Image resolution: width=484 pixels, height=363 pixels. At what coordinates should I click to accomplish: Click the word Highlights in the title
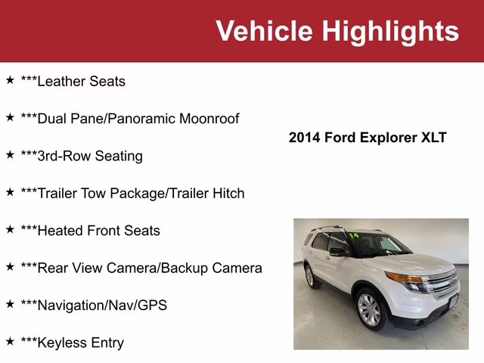(x=390, y=31)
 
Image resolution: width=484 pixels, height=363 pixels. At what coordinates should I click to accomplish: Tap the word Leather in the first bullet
(x=61, y=81)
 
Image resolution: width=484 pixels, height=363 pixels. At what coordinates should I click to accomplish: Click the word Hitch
(x=227, y=193)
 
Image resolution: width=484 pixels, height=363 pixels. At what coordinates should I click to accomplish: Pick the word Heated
(x=60, y=231)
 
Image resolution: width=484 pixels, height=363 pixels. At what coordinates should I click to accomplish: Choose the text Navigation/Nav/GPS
(x=94, y=306)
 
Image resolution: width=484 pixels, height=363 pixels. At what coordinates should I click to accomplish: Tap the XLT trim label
(x=434, y=138)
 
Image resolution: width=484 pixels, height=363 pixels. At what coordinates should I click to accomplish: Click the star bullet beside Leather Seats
(x=10, y=79)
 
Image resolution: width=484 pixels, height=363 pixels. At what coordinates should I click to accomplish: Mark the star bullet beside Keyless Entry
(x=10, y=341)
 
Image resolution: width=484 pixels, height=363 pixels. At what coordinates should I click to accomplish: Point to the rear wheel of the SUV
(x=309, y=276)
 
